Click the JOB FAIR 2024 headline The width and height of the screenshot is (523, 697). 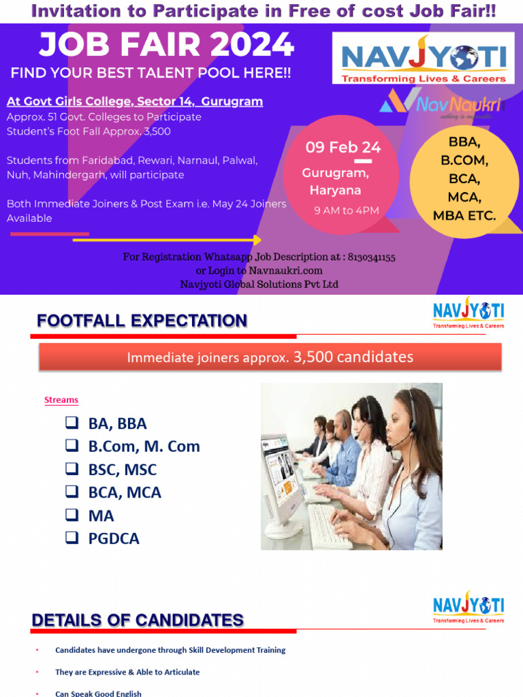pyautogui.click(x=167, y=46)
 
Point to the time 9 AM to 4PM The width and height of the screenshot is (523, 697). pyautogui.click(x=346, y=210)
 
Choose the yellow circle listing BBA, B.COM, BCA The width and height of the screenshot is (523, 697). pyautogui.click(x=464, y=179)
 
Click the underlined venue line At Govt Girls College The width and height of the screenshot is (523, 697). pyautogui.click(x=134, y=101)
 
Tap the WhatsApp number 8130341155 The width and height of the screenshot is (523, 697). pyautogui.click(x=371, y=257)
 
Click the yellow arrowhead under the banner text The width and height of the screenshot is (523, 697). pyautogui.click(x=257, y=240)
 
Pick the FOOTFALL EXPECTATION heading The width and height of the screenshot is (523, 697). pyautogui.click(x=142, y=321)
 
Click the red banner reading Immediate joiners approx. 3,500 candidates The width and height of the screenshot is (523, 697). pyautogui.click(x=270, y=357)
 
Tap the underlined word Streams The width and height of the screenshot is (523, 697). pyautogui.click(x=61, y=400)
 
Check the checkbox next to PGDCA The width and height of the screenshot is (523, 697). pyautogui.click(x=72, y=538)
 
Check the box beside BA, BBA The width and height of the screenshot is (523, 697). pyautogui.click(x=72, y=423)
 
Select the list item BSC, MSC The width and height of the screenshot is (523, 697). pyautogui.click(x=122, y=470)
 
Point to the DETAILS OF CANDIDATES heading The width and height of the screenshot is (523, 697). pyautogui.click(x=138, y=620)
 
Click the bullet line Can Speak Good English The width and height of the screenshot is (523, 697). pyautogui.click(x=98, y=693)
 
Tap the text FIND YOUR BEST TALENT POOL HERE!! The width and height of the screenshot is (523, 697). pyautogui.click(x=150, y=73)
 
